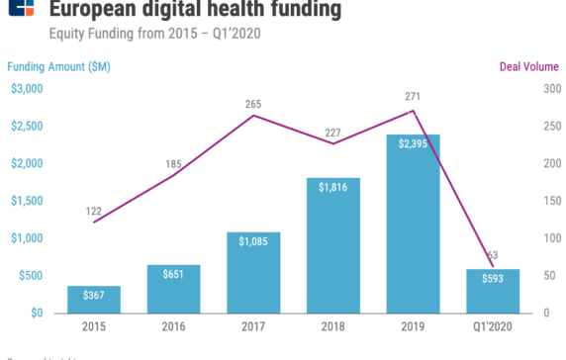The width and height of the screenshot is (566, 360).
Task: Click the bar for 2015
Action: point(94,299)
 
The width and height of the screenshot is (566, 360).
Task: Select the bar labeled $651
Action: point(173,288)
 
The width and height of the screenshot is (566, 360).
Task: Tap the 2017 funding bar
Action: point(253,272)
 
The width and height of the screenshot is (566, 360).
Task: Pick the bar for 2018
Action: point(333,244)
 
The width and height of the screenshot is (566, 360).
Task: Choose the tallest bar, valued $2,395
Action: point(413,223)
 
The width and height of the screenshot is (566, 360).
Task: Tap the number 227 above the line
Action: point(333,128)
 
